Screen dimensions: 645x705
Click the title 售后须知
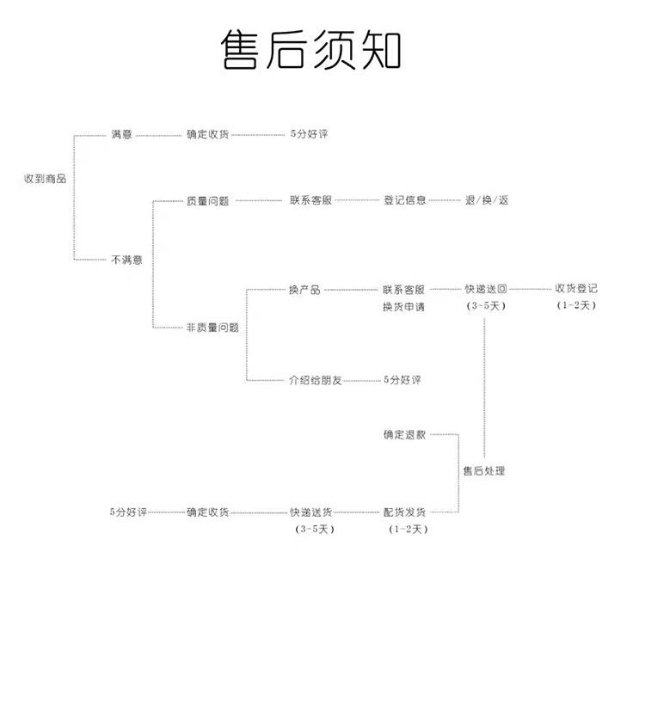click(310, 50)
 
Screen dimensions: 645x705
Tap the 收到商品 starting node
click(45, 179)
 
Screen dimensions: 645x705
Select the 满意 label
click(121, 135)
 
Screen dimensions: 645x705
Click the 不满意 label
click(126, 259)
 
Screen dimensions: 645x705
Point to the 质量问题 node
click(207, 200)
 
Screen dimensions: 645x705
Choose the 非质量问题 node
click(212, 328)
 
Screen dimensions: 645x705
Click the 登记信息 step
click(404, 200)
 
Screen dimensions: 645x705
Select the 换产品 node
click(304, 290)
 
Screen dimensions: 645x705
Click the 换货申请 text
click(403, 307)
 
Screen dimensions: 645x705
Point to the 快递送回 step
click(486, 290)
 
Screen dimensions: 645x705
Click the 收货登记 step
click(575, 289)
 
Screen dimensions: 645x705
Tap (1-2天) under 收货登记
click(575, 305)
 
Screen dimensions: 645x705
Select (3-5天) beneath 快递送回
click(486, 305)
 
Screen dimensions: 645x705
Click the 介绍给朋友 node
click(315, 379)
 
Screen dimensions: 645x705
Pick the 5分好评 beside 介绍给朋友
click(402, 379)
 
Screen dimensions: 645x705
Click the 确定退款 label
click(404, 435)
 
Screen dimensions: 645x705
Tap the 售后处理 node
click(483, 470)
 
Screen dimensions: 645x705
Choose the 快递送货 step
click(311, 512)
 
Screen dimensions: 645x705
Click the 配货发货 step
click(404, 512)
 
